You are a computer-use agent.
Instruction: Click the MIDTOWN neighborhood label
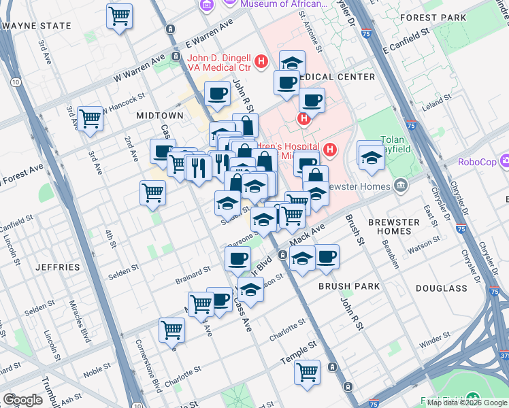(160, 116)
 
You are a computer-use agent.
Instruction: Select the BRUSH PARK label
(348, 286)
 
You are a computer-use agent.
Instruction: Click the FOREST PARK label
(446, 17)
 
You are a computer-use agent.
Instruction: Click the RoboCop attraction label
(478, 162)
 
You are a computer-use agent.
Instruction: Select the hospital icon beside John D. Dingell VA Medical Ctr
(260, 64)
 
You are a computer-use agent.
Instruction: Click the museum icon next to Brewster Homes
(401, 184)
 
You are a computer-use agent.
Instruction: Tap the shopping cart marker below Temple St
(308, 371)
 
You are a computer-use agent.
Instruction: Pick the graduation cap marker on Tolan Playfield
(371, 156)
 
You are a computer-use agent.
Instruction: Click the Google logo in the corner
(23, 400)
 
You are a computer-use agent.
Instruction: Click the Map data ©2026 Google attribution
(467, 403)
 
